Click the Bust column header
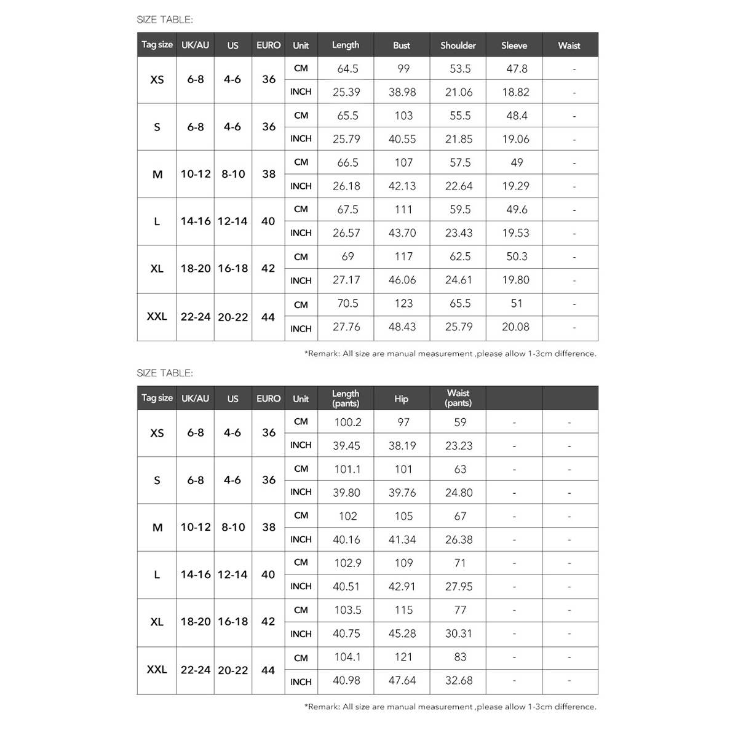coord(402,46)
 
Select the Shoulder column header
coord(458,46)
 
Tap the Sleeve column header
coord(514,46)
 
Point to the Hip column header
coord(402,399)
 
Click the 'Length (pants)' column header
coord(346,399)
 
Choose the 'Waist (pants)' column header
coord(458,399)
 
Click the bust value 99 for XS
coord(403,69)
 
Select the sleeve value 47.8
coord(517,69)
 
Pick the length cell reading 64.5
coord(347,69)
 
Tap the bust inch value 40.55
coord(402,139)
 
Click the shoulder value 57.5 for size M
coord(460,163)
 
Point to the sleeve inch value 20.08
coord(515,327)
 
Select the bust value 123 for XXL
coord(403,304)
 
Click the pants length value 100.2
coord(347,423)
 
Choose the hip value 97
coord(403,423)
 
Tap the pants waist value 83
coord(460,657)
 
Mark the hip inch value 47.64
coord(402,681)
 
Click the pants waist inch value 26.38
coord(459,540)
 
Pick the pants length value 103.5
coord(347,610)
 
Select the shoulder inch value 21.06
coord(459,92)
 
